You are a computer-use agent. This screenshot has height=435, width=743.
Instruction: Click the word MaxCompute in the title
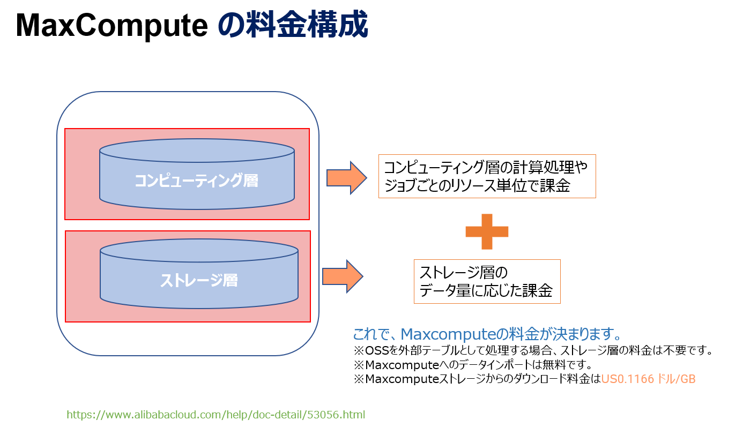pyautogui.click(x=112, y=25)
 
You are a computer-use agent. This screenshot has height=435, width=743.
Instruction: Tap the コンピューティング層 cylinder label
pyautogui.click(x=197, y=181)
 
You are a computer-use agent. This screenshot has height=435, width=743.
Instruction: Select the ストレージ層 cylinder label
pyautogui.click(x=199, y=280)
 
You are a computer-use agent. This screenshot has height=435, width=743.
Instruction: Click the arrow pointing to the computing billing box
pyautogui.click(x=346, y=177)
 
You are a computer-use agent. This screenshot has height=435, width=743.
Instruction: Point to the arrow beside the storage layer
pyautogui.click(x=343, y=276)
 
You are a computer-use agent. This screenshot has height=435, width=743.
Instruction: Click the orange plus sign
pyautogui.click(x=487, y=231)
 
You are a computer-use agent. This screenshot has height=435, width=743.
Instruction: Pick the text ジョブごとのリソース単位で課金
pyautogui.click(x=477, y=186)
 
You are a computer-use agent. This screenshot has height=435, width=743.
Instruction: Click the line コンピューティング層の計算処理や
pyautogui.click(x=486, y=167)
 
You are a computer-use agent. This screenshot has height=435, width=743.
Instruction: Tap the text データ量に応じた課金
pyautogui.click(x=486, y=291)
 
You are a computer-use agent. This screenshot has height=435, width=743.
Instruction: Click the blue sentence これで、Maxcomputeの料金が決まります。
pyautogui.click(x=487, y=334)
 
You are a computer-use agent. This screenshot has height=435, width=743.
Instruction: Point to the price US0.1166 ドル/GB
pyautogui.click(x=648, y=379)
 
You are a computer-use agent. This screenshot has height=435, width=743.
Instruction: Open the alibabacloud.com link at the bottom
pyautogui.click(x=216, y=415)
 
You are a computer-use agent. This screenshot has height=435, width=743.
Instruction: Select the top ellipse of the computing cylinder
pyautogui.click(x=197, y=151)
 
